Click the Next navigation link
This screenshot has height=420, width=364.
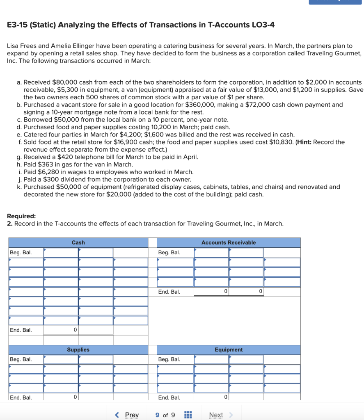click(x=216, y=415)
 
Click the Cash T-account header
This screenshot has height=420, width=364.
click(x=78, y=242)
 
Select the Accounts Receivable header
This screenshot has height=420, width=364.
click(x=228, y=242)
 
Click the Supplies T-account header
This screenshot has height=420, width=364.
click(x=78, y=349)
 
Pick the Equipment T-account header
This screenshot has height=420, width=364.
click(x=228, y=349)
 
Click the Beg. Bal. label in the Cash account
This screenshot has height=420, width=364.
click(x=21, y=252)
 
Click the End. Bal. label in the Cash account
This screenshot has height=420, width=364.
click(x=21, y=330)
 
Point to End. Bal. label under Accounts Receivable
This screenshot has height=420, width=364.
click(x=169, y=292)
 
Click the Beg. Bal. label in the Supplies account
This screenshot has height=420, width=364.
click(x=21, y=359)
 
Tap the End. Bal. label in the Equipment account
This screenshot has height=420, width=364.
click(x=169, y=397)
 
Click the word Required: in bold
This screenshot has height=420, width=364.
click(x=21, y=216)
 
